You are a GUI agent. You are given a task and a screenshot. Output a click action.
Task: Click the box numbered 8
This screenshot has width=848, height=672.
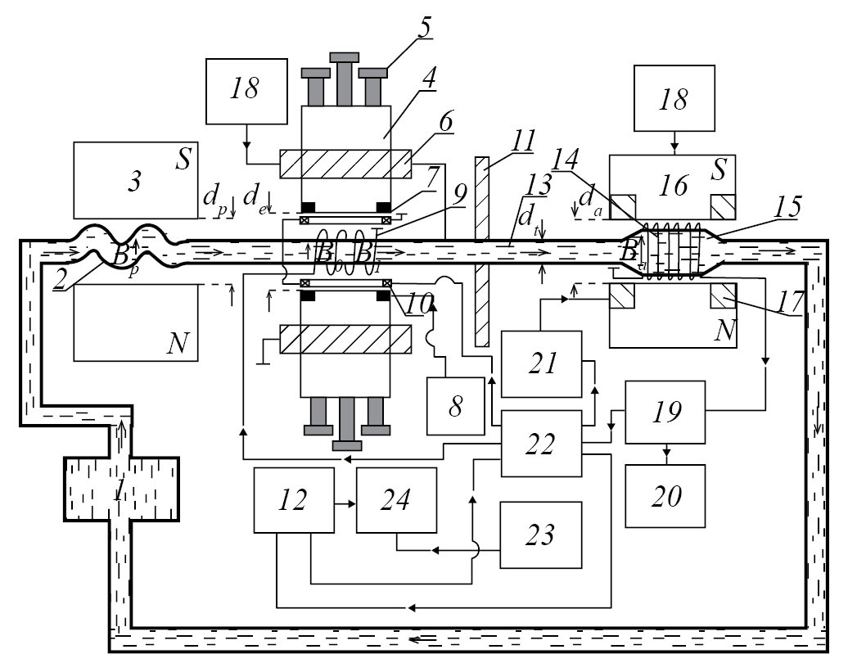coord(455,407)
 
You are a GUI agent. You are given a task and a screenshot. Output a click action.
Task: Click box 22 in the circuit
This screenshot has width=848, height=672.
coord(541,444)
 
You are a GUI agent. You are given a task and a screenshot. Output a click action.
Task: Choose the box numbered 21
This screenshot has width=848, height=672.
coord(541,363)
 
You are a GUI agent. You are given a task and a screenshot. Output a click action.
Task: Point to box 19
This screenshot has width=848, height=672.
coord(665,412)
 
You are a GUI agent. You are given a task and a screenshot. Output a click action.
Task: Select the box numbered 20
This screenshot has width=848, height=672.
coord(665,497)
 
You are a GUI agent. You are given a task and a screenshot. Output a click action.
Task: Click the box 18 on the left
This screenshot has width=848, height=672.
coord(246,90)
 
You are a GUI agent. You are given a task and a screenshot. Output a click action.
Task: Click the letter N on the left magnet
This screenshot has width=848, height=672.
coord(178,345)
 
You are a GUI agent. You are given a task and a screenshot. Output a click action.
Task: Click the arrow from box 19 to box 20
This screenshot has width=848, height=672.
coord(665,453)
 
